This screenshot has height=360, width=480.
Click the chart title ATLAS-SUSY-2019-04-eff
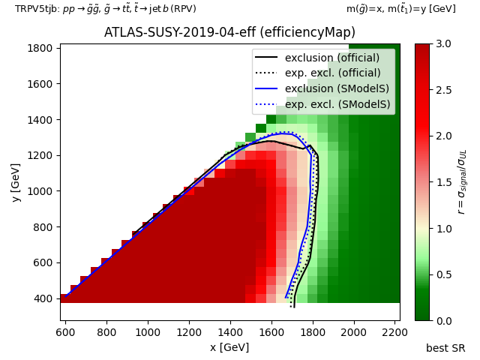pyautogui.click(x=229, y=32)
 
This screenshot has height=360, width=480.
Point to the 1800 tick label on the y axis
pyautogui.click(x=40, y=48)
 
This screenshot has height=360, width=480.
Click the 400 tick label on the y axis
pyautogui.click(x=43, y=298)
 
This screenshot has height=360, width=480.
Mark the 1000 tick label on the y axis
pyautogui.click(x=40, y=191)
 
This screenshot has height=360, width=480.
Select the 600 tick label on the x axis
pyautogui.click(x=65, y=332)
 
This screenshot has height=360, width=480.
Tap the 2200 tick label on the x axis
pyautogui.click(x=395, y=332)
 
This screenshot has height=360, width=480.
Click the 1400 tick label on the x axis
pyautogui.click(x=230, y=332)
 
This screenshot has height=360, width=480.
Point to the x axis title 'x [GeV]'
pyautogui.click(x=229, y=347)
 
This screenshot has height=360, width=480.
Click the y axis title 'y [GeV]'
pyautogui.click(x=16, y=183)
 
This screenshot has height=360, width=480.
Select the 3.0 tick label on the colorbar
pyautogui.click(x=443, y=43)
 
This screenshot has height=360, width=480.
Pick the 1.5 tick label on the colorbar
pyautogui.click(x=443, y=182)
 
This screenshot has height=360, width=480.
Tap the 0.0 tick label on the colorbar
pyautogui.click(x=443, y=321)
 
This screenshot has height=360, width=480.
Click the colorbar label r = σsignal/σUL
pyautogui.click(x=462, y=182)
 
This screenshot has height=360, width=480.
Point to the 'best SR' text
pyautogui.click(x=445, y=348)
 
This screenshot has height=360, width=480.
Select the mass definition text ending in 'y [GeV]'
pyautogui.click(x=401, y=9)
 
